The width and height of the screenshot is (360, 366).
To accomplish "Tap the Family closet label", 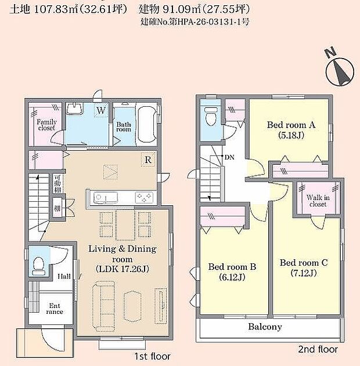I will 46,125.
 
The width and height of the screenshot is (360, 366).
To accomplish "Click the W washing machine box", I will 101,110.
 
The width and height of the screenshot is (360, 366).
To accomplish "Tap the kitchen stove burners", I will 143,197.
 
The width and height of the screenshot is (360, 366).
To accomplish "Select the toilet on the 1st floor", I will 39,264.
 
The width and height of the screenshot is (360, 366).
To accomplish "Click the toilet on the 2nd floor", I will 211,116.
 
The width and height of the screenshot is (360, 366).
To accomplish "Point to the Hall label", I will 64,277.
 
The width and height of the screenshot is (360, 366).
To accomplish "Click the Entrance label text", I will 55,308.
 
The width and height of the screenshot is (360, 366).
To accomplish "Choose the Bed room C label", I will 304,262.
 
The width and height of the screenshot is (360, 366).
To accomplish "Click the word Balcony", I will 265,327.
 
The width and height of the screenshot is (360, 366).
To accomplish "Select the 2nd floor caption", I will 317,349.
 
